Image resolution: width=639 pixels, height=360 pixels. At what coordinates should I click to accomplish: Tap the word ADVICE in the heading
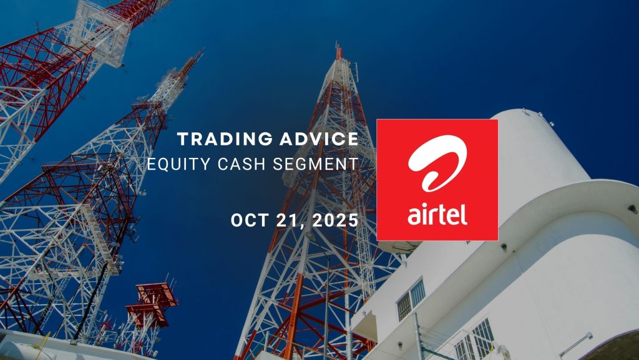[x=319, y=139]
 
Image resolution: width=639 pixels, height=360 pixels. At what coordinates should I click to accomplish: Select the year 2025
[x=335, y=220]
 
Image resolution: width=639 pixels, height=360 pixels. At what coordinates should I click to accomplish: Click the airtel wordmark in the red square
[x=437, y=214]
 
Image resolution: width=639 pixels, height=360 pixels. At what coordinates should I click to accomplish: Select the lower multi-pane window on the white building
[x=474, y=340]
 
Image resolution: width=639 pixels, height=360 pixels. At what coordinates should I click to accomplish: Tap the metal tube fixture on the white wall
[x=576, y=344]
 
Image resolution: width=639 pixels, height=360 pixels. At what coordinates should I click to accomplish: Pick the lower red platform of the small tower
[x=147, y=316]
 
